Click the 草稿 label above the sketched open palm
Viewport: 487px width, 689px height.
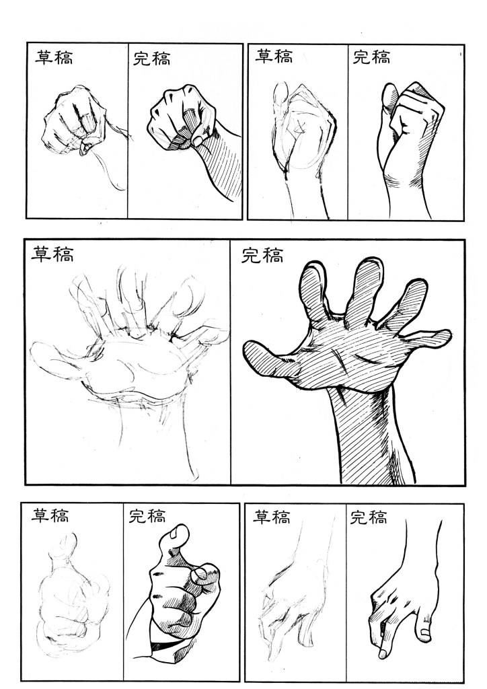(52, 254)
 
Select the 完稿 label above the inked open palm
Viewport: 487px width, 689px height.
(262, 255)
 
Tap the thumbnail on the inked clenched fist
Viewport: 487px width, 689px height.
(197, 141)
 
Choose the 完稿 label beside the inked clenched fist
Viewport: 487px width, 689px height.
(151, 59)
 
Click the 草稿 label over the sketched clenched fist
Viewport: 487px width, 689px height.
(54, 58)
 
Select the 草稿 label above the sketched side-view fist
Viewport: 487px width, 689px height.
(274, 57)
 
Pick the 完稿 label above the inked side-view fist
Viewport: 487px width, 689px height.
(371, 57)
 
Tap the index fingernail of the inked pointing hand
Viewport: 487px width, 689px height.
(200, 573)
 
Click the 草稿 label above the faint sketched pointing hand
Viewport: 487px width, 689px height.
(50, 515)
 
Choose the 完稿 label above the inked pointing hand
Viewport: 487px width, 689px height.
(147, 516)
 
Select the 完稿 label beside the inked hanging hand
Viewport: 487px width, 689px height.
(369, 517)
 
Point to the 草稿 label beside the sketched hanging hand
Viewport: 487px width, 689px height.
(271, 517)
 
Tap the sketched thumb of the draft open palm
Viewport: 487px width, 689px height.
(57, 361)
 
